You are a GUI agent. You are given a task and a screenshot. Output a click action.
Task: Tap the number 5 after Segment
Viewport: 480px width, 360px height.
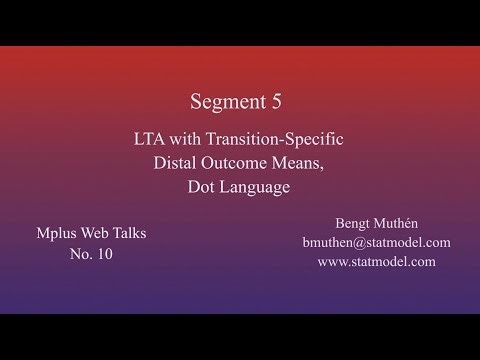(x=282, y=102)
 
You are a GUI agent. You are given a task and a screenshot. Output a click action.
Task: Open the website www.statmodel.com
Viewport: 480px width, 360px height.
(x=376, y=262)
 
